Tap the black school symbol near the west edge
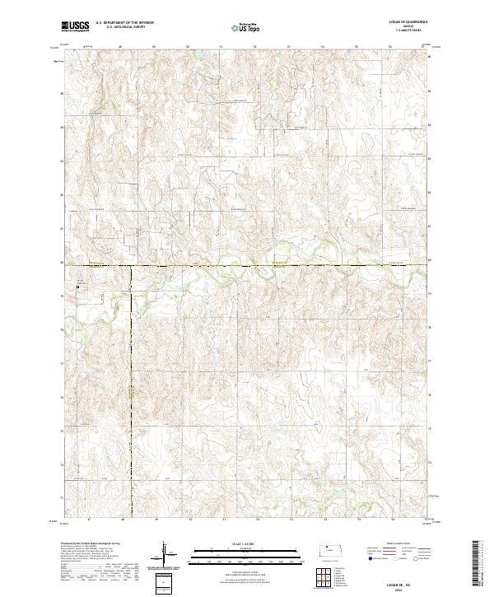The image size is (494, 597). [77, 287]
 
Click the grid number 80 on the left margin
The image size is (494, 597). [63, 263]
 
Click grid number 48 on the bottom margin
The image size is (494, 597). [121, 520]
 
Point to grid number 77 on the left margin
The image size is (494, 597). [63, 363]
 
